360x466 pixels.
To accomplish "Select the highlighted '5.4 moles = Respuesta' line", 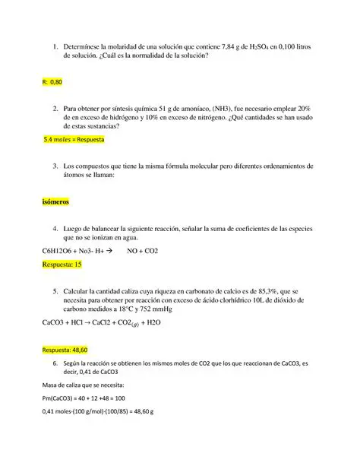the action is point(74,141).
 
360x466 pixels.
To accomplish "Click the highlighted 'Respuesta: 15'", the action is point(62,265).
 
